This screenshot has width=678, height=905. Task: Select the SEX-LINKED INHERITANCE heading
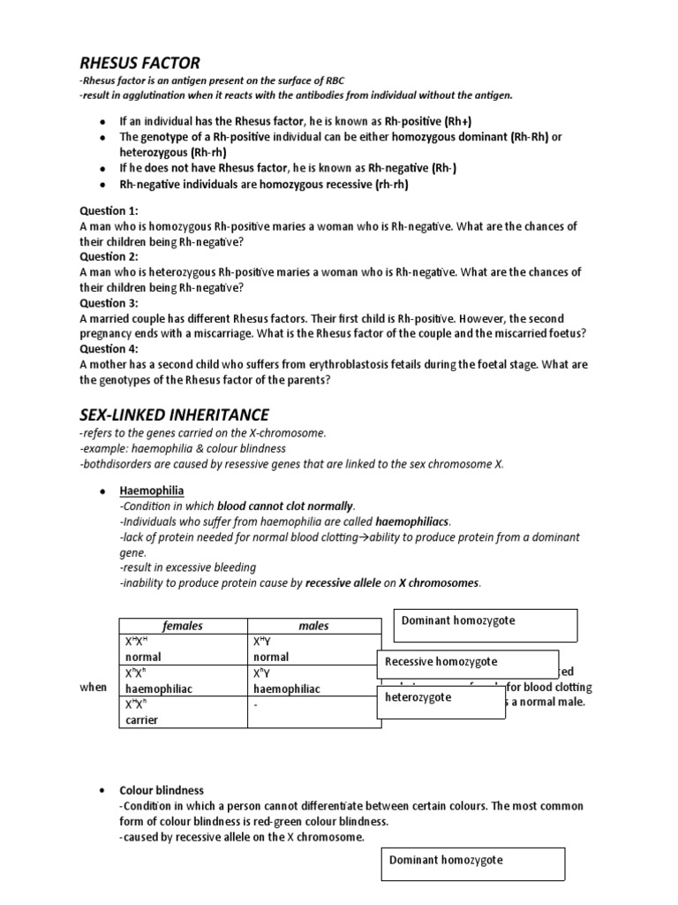point(174,414)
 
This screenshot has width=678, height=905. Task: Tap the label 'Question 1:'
point(109,211)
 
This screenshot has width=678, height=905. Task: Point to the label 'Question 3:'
point(109,303)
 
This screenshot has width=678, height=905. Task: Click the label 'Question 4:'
point(109,349)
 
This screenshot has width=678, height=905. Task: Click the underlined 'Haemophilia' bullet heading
point(152,491)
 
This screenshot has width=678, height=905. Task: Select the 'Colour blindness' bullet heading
point(162,790)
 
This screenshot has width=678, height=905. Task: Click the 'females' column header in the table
point(183,626)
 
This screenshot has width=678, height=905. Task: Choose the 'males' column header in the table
point(313,626)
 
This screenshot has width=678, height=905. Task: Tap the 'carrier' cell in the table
point(141,719)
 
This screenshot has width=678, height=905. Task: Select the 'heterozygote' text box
point(418,698)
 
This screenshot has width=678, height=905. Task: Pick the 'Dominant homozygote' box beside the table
point(458,621)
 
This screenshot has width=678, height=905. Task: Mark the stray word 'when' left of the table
point(94,688)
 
